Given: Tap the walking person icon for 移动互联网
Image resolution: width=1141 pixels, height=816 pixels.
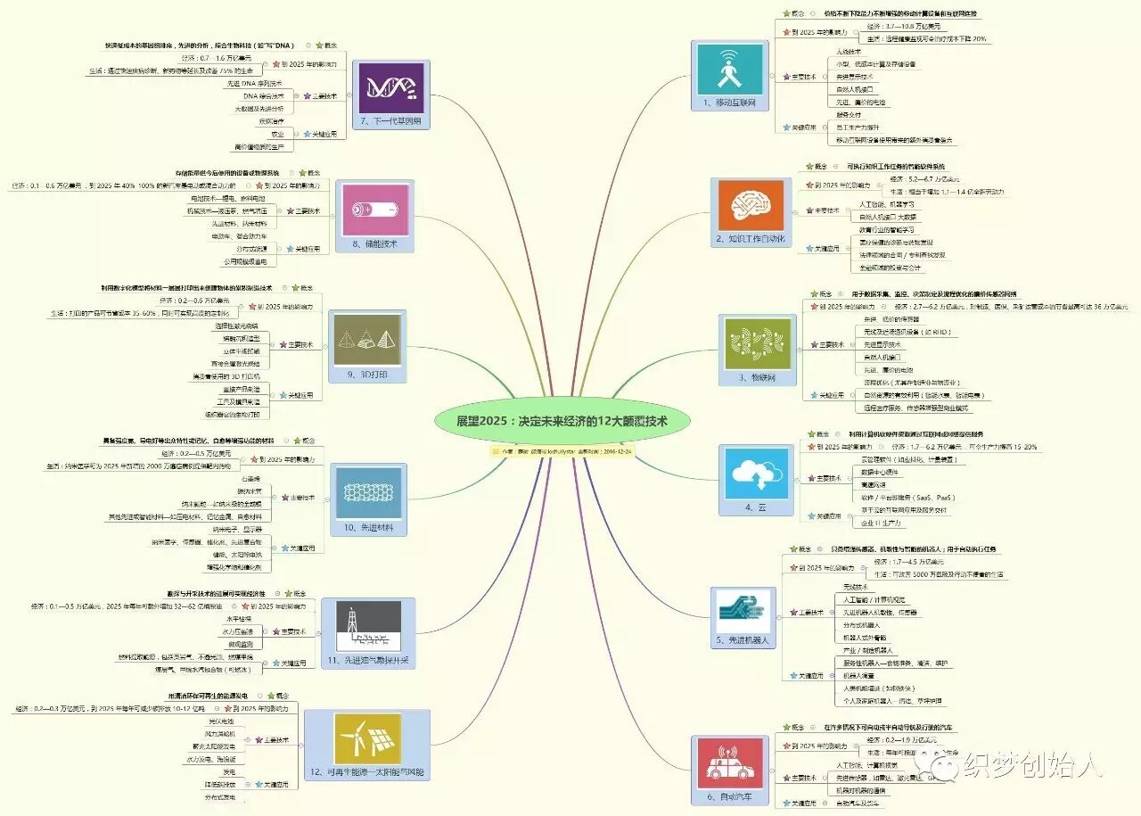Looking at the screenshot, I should (x=728, y=68).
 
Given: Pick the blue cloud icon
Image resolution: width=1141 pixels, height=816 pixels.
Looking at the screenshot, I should (x=756, y=474).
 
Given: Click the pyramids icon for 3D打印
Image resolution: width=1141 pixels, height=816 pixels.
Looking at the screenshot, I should (x=367, y=340).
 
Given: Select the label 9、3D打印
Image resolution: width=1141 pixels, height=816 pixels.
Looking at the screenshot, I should (x=366, y=375).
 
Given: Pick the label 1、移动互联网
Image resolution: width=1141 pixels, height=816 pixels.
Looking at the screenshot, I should (x=728, y=103).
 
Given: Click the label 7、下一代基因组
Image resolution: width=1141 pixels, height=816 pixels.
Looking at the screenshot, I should (x=390, y=121).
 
